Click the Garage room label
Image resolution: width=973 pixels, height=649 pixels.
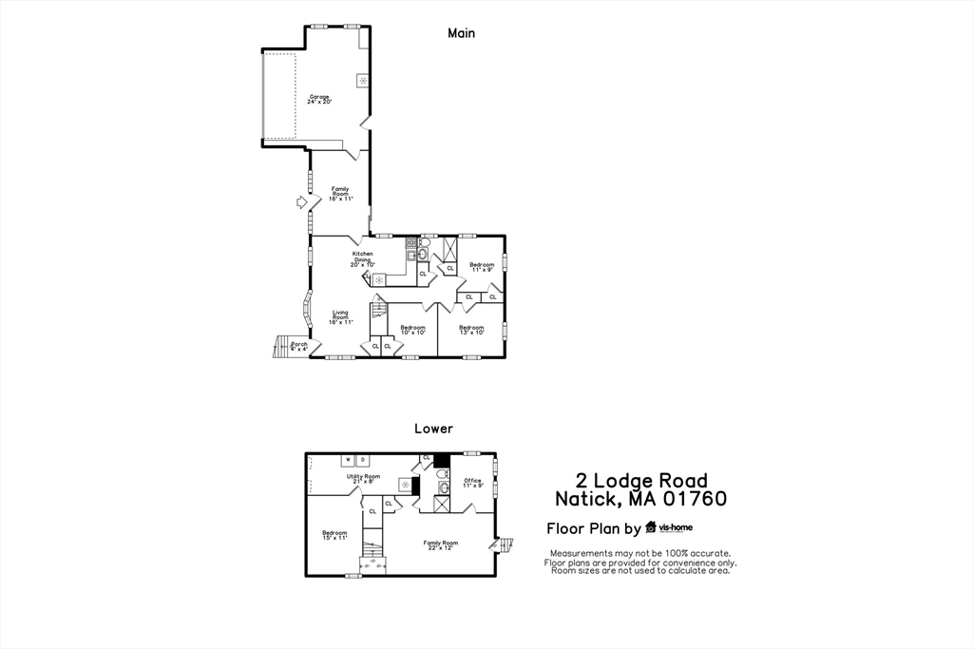pos(319,99)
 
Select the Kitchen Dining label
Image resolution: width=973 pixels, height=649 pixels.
pos(363,258)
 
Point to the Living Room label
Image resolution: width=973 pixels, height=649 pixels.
pos(340,317)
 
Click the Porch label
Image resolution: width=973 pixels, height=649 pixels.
pos(299,346)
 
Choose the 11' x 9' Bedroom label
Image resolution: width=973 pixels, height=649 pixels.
pos(482,267)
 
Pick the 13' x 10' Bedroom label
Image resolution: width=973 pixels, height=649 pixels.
pos(472,330)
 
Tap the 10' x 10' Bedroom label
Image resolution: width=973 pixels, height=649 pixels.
pos(412,330)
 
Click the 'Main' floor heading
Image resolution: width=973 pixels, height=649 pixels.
pos(462,33)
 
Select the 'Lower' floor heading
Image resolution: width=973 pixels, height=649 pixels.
pos(433,429)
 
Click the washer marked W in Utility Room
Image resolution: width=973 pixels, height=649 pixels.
pos(348,461)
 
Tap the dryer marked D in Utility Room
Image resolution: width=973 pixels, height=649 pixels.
pos(362,461)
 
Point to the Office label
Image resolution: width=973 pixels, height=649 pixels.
pos(473,483)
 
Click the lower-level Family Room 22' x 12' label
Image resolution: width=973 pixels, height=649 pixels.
pos(440,544)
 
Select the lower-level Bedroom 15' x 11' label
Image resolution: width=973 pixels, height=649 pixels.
pos(334,535)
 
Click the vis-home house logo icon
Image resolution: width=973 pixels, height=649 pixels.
pos(651,527)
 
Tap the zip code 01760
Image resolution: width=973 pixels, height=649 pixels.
pos(696,499)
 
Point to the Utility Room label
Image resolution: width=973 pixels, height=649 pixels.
pos(363,478)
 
